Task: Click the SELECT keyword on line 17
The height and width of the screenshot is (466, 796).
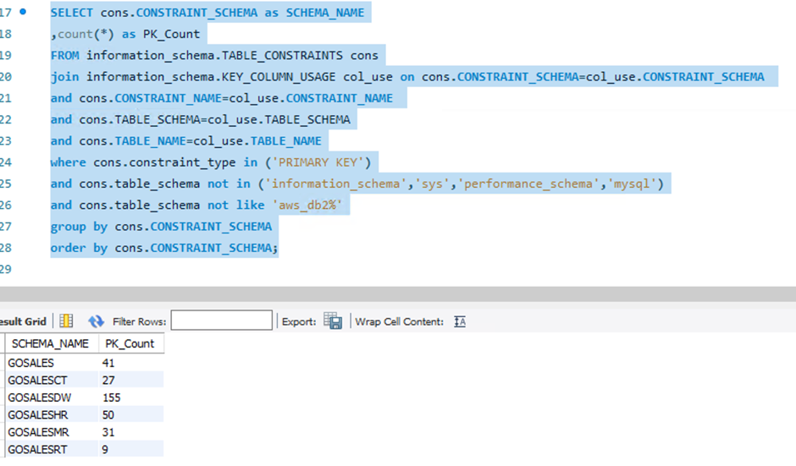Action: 72,13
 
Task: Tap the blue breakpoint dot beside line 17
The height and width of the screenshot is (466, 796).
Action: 23,12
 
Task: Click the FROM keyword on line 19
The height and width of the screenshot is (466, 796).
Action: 64,55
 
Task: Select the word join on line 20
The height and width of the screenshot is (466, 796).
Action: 64,77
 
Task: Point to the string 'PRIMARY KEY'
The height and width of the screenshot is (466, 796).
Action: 318,162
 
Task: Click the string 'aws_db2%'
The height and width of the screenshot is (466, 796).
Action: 307,206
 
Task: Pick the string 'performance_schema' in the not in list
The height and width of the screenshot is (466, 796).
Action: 528,184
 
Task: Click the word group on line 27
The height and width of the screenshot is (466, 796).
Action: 68,227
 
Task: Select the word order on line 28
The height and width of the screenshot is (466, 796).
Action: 68,248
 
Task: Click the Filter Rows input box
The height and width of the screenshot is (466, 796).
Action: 221,321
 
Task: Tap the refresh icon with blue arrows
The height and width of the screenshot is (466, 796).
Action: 96,321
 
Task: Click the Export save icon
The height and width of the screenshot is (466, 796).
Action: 333,321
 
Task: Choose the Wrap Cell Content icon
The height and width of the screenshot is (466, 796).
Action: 460,321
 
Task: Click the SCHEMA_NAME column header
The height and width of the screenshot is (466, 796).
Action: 50,344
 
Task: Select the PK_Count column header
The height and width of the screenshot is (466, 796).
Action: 130,344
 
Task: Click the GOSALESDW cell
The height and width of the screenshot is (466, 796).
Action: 39,397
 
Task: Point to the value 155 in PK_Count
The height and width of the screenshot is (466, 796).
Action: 111,397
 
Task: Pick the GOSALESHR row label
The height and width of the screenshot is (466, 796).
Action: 37,414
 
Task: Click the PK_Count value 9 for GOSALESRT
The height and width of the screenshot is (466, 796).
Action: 104,449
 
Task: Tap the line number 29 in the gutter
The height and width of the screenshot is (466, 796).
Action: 6,269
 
